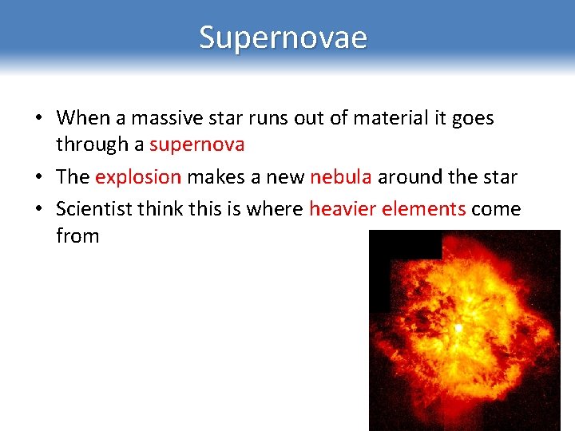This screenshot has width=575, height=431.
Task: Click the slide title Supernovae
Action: (x=284, y=38)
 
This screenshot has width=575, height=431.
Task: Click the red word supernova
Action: (x=196, y=144)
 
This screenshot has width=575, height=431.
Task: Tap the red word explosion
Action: (x=138, y=176)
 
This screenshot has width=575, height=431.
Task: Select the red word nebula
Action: (x=341, y=176)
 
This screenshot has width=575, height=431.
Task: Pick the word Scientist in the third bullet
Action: (x=93, y=209)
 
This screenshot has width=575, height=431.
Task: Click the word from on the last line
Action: (x=77, y=236)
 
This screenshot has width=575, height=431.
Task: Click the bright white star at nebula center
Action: (x=458, y=327)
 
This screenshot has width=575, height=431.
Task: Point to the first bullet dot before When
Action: (x=38, y=119)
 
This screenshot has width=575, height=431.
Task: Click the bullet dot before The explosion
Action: (x=38, y=177)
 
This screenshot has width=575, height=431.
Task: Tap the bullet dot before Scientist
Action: (x=38, y=210)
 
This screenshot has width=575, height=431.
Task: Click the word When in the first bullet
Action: (x=83, y=118)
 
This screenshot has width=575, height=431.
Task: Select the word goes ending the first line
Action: (x=473, y=118)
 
